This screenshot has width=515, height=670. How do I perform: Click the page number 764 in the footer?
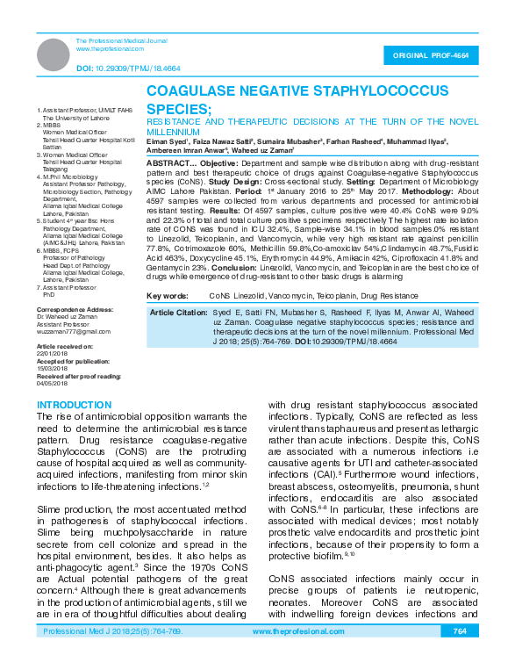(459, 656)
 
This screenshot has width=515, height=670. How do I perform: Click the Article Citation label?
(178, 312)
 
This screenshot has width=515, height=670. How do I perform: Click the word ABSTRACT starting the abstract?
(168, 163)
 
